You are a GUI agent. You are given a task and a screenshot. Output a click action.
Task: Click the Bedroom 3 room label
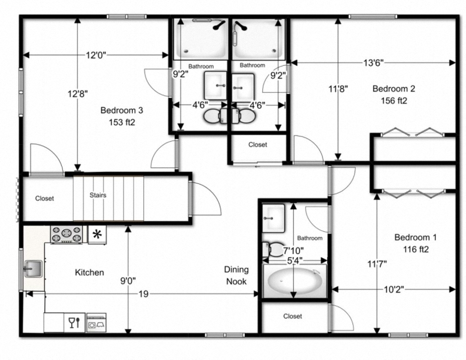pyautogui.click(x=121, y=110)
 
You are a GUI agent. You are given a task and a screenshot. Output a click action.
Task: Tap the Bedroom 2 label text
pyautogui.click(x=394, y=89)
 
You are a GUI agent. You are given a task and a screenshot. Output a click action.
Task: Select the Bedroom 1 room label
pyautogui.click(x=415, y=238)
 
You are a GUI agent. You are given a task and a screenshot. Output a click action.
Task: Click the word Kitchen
pyautogui.click(x=89, y=272)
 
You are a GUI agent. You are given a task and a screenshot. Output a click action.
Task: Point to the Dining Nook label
pyautogui.click(x=236, y=275)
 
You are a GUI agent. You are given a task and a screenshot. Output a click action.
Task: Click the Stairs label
pyautogui.click(x=98, y=195)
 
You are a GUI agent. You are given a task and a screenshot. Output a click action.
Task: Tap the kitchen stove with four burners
pyautogui.click(x=66, y=234)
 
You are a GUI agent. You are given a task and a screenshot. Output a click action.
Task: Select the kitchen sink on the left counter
pyautogui.click(x=32, y=269)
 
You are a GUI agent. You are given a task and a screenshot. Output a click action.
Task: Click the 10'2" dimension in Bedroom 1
pyautogui.click(x=392, y=289)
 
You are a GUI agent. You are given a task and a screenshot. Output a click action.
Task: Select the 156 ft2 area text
pyautogui.click(x=394, y=101)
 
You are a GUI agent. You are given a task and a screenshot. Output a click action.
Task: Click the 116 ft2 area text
pyautogui.click(x=415, y=249)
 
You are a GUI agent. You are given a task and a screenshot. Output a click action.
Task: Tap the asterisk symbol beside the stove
pyautogui.click(x=97, y=234)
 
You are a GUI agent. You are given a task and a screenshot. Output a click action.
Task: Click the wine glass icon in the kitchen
pyautogui.click(x=74, y=322)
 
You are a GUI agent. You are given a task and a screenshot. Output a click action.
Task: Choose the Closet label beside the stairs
pyautogui.click(x=44, y=198)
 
